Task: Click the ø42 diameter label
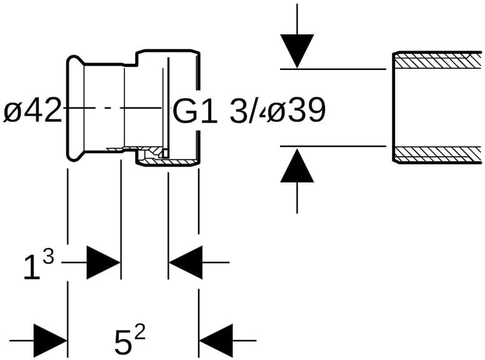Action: tap(32, 111)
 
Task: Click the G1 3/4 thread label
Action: tap(216, 111)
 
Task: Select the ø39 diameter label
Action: tap(296, 111)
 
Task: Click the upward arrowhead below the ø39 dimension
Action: tap(297, 167)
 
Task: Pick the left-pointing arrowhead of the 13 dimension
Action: tap(186, 262)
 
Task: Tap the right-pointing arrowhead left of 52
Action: tap(50, 341)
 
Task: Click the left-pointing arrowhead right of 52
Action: tap(216, 341)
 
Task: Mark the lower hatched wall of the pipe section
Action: tap(437, 154)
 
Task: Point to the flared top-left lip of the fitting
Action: tap(72, 59)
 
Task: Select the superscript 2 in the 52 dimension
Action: tap(139, 333)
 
